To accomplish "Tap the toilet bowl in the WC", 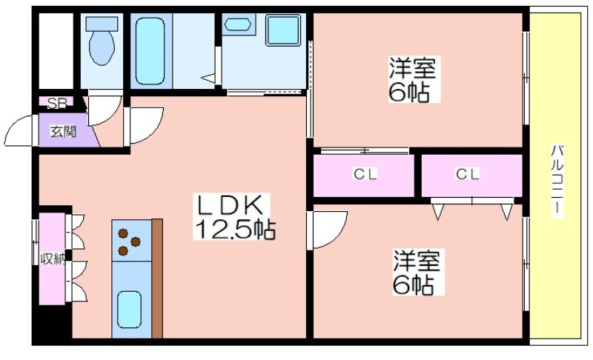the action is click(x=102, y=47).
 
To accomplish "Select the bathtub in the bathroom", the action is click(x=150, y=51).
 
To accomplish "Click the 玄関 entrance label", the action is click(x=63, y=131).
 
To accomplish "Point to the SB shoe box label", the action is click(x=58, y=103).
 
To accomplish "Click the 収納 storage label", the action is click(x=53, y=259).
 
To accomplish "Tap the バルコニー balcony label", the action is click(x=557, y=181).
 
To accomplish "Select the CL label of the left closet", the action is click(x=365, y=174).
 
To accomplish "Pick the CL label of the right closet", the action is click(x=468, y=174).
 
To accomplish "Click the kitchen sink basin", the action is click(x=129, y=310).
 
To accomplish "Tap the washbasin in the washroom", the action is click(x=237, y=24).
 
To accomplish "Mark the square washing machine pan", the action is click(x=283, y=30).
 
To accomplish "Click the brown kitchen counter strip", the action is click(x=157, y=279).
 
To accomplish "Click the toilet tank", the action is click(x=102, y=24).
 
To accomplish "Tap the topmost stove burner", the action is click(x=122, y=233).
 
